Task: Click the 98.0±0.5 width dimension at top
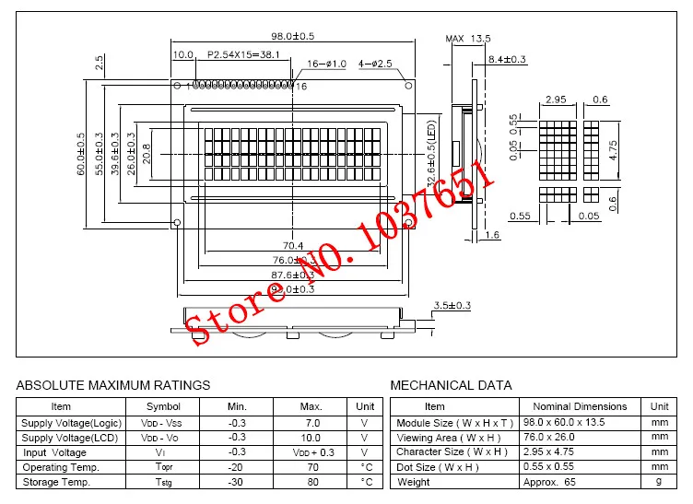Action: point(293,36)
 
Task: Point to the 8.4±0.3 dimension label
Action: point(507,60)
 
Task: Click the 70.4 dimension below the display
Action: point(293,245)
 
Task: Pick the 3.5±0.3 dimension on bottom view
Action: point(452,305)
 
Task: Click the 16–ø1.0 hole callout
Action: point(325,64)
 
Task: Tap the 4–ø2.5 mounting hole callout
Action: point(375,64)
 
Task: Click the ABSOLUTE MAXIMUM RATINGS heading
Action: point(113,385)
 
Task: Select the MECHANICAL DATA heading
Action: point(452,385)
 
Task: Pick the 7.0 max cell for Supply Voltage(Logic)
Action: point(311,422)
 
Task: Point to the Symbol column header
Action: point(164,406)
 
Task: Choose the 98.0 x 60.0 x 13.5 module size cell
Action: point(580,422)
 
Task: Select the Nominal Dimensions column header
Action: point(580,406)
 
